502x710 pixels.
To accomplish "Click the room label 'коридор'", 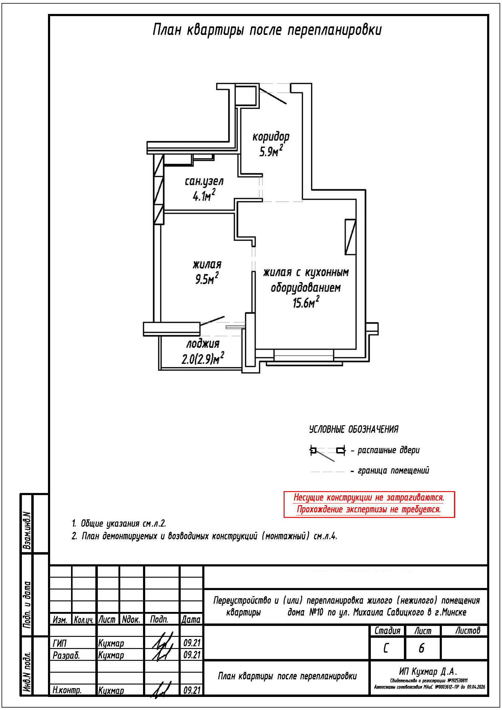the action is [x=271, y=137].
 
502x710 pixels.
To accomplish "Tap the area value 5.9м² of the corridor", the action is [x=271, y=151].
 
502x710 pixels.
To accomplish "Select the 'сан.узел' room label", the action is [x=204, y=182].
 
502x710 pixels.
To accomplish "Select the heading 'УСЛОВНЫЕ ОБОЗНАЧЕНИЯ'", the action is [x=353, y=430].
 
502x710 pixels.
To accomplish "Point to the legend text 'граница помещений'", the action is [x=393, y=471].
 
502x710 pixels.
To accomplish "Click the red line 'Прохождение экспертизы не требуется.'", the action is [x=369, y=509].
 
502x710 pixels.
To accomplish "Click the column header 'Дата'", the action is [x=191, y=619].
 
